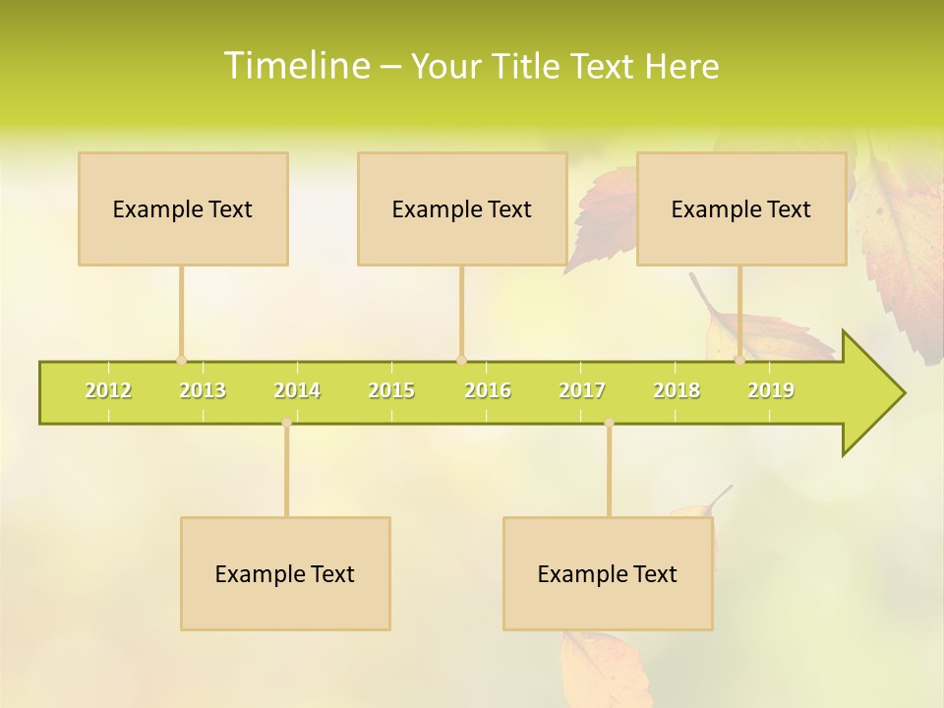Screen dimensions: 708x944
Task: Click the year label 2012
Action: click(x=108, y=391)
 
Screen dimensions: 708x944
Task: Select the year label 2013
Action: click(x=203, y=391)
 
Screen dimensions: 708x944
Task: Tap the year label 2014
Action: click(x=297, y=391)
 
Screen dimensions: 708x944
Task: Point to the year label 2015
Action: click(x=391, y=391)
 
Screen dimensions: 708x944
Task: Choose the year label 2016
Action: click(x=488, y=391)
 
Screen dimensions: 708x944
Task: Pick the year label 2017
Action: click(x=582, y=391)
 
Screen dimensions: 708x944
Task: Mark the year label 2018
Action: click(x=677, y=391)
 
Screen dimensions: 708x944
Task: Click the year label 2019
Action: click(x=771, y=391)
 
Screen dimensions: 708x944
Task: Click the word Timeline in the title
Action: click(x=296, y=66)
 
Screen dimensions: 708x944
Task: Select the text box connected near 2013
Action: click(x=183, y=209)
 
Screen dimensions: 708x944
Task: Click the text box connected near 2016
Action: click(x=462, y=209)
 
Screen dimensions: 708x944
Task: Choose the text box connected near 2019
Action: click(x=741, y=209)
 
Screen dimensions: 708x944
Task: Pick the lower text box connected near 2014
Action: click(x=285, y=574)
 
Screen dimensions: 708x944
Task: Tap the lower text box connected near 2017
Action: click(x=608, y=574)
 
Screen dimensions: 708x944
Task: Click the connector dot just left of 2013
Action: click(x=181, y=360)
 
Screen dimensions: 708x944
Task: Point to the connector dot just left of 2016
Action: click(x=461, y=360)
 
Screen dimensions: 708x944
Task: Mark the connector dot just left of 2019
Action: click(x=739, y=360)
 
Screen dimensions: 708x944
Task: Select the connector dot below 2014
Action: click(x=286, y=423)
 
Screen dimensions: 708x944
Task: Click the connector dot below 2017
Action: click(x=609, y=423)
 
